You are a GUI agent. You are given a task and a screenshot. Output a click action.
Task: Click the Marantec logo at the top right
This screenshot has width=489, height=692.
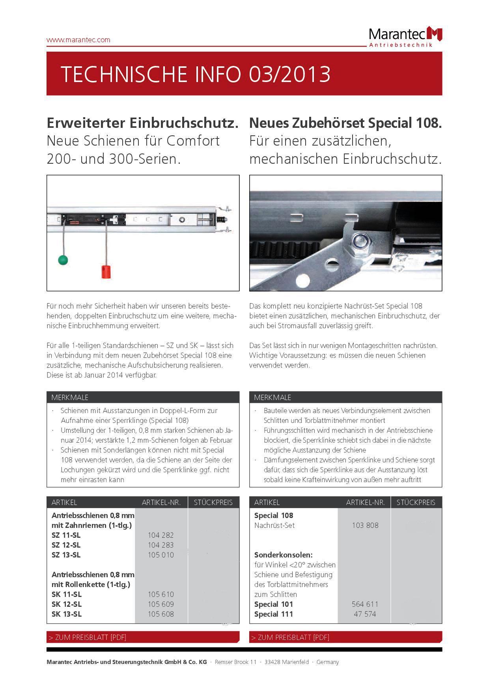click(405, 37)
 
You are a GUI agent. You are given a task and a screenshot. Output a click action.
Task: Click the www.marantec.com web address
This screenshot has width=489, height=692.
click(78, 40)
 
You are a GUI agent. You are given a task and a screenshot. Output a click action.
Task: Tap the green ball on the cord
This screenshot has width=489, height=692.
click(63, 260)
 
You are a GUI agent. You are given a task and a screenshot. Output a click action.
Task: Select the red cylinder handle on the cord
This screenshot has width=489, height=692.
click(105, 272)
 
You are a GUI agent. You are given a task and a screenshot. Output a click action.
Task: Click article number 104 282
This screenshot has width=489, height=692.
click(161, 535)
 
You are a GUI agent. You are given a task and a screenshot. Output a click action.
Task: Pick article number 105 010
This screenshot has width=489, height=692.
click(161, 555)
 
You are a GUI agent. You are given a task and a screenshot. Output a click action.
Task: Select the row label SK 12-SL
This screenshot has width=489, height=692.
click(66, 604)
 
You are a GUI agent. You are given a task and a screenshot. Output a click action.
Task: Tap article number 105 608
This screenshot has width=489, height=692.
click(161, 614)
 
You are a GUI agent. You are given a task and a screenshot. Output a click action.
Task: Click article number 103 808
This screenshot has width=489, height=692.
click(365, 526)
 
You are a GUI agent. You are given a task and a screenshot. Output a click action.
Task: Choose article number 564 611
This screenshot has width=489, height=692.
click(365, 604)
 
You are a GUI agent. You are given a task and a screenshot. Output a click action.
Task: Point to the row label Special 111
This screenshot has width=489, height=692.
click(274, 614)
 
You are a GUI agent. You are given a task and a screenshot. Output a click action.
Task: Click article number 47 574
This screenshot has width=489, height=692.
click(365, 614)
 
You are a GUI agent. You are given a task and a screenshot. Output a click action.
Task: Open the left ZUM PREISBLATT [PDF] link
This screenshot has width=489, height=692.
click(87, 638)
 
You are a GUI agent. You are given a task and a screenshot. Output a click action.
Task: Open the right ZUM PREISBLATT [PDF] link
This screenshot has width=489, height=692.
click(290, 638)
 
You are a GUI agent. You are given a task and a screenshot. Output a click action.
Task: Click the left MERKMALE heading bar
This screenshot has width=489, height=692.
click(143, 397)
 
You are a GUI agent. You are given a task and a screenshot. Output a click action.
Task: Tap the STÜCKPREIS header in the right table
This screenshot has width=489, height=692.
click(416, 503)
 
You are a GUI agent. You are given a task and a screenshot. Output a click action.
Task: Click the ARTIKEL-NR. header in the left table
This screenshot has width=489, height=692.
click(161, 503)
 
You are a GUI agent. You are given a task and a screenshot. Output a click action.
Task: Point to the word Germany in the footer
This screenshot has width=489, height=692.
click(328, 662)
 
